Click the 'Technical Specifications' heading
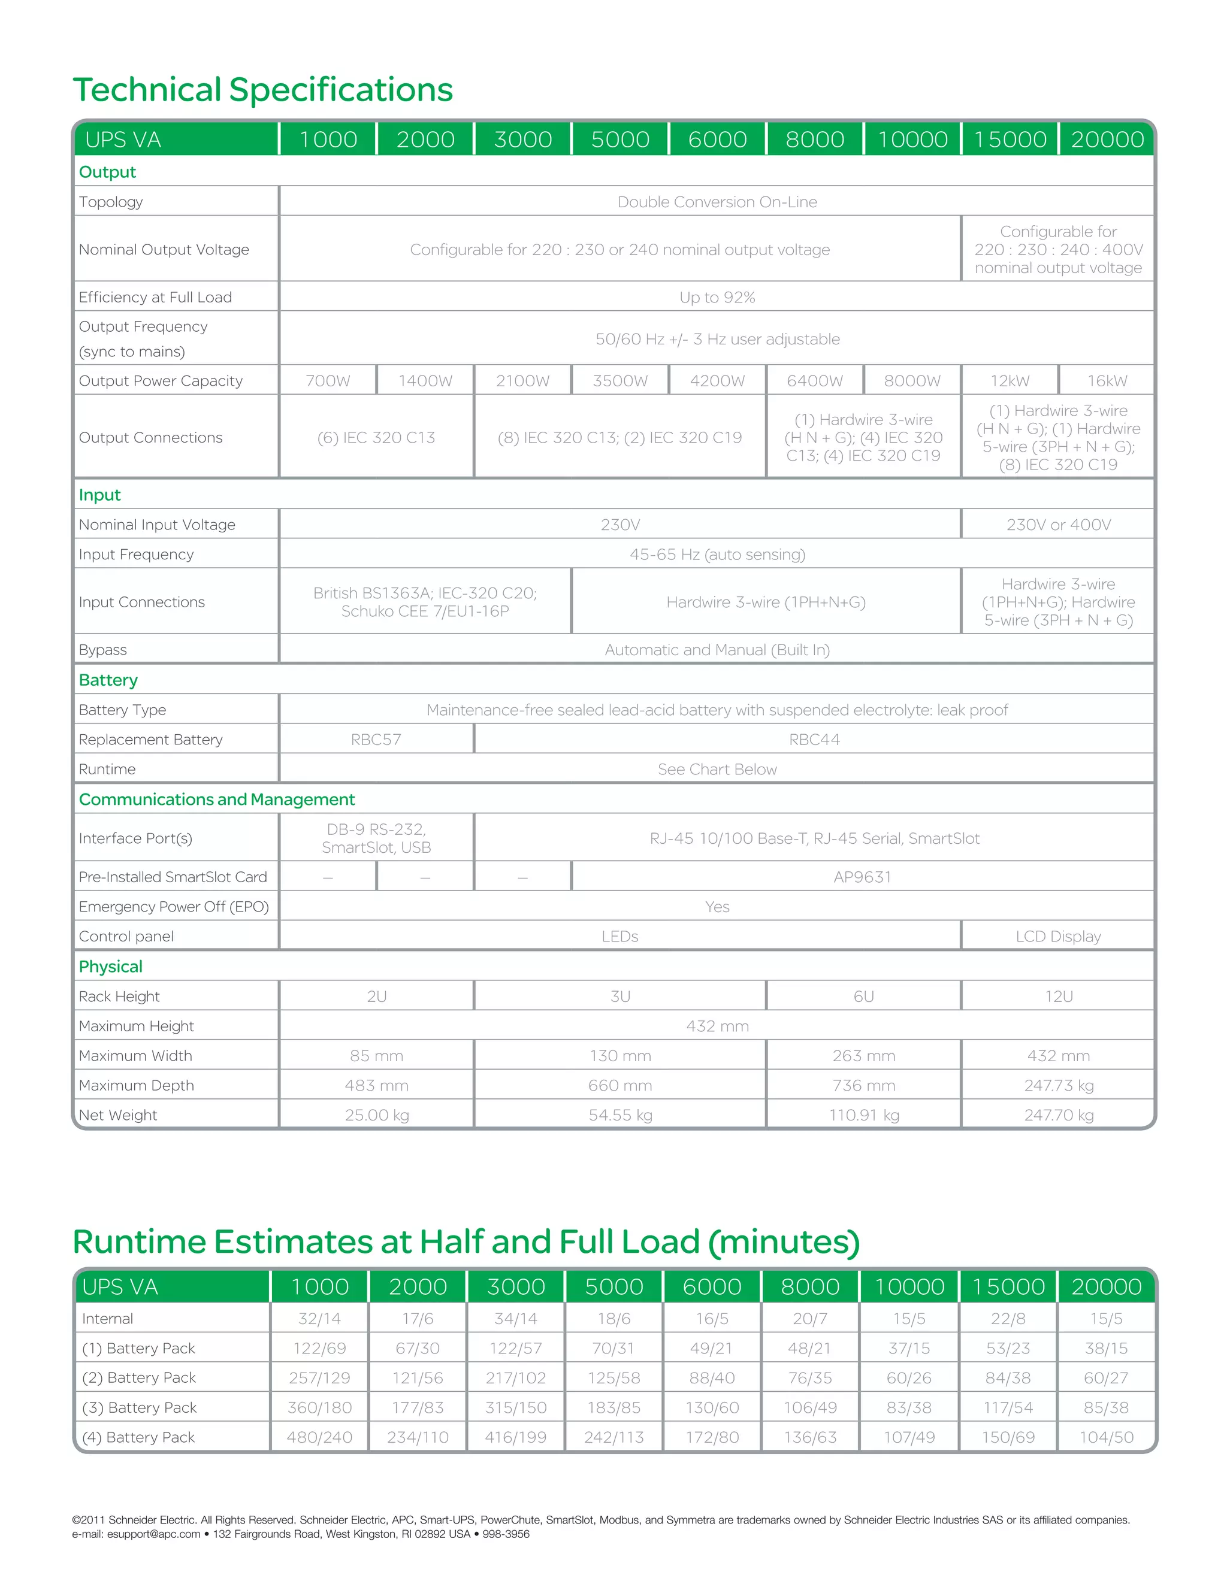262,90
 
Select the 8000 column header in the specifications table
814,140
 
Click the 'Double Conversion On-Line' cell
717,202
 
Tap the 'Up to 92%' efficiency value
717,297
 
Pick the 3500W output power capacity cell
619,381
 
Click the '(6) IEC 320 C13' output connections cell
376,437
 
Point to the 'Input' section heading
99,495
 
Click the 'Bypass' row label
102,650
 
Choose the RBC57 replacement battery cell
376,740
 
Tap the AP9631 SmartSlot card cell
862,877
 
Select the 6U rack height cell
863,997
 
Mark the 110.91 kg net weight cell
863,1114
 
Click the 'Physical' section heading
110,967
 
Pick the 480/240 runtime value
319,1437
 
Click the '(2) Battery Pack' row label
139,1378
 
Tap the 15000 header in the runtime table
1008,1287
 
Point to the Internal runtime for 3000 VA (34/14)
515,1318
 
